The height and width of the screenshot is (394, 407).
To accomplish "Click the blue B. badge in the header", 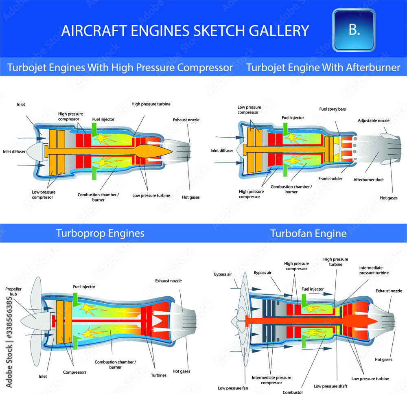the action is point(354,30).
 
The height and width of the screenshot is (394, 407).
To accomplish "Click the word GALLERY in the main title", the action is point(279,31).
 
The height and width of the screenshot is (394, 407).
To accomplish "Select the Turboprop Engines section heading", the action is point(100,233).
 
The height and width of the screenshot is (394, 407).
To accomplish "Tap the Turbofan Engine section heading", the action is point(309,233).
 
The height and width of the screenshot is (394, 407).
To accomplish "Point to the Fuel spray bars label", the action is point(333,109).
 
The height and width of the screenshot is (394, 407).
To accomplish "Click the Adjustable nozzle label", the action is point(374,120).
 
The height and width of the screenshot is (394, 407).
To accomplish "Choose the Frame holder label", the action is point(330,179).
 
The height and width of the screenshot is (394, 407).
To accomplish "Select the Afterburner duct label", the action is point(369,179).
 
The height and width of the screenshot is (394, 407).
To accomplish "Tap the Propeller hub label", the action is point(13,291).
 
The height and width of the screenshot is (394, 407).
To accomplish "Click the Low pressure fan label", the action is point(233,388).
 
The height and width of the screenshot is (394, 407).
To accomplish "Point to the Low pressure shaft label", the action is point(330,386).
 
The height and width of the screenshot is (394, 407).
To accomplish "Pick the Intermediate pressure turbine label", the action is point(374,270).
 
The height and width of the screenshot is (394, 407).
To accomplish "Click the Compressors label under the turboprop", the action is point(75,372).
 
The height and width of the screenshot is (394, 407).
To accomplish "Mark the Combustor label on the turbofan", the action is point(293,392).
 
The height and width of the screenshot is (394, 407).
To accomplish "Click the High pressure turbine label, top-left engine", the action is point(151,104).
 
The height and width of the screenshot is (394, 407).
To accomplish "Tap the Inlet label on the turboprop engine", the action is point(43,376).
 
